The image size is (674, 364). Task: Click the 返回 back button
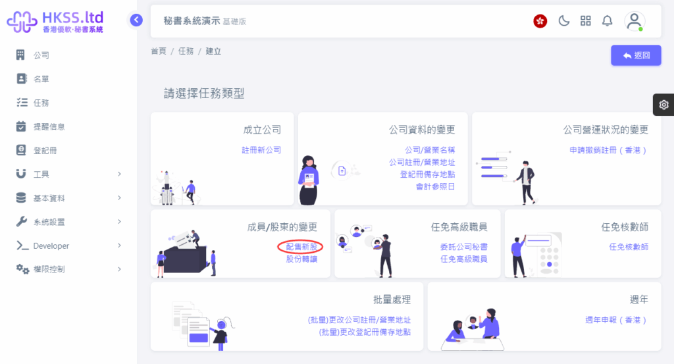(636, 55)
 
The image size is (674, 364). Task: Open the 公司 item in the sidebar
(41, 55)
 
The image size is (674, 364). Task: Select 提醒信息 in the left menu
(49, 126)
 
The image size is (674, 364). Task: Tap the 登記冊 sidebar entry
(45, 151)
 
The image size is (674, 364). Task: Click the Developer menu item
(51, 246)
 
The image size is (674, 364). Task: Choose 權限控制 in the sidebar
(49, 269)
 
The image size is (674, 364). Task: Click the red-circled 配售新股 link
(301, 247)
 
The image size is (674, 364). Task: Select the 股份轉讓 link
(301, 259)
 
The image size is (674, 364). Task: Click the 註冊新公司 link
(261, 150)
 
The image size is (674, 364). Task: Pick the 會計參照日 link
(435, 186)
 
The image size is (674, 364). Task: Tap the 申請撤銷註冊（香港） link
(608, 150)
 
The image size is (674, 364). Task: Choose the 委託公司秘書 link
(464, 247)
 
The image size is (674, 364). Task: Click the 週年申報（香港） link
(616, 320)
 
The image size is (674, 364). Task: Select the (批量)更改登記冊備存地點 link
(365, 332)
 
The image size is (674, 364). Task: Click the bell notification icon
(607, 20)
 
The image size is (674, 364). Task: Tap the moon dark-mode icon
(563, 20)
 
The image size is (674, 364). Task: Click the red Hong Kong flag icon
(540, 21)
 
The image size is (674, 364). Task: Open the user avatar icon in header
(634, 21)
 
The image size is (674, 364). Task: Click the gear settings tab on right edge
(663, 105)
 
